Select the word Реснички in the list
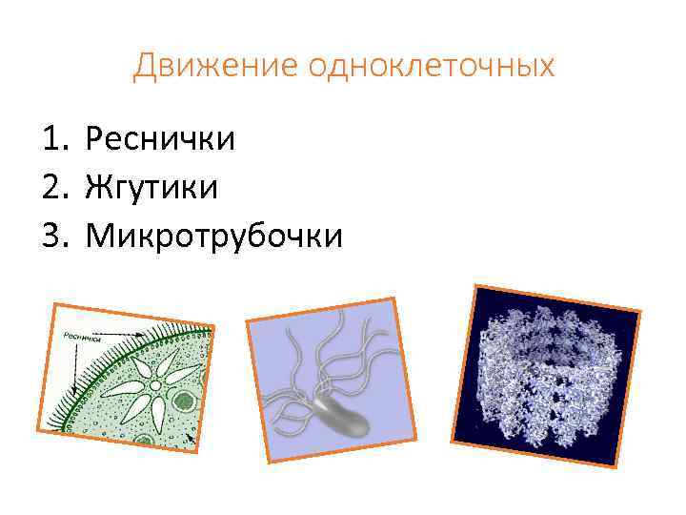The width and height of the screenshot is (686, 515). click(160, 140)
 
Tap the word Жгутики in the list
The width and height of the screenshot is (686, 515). click(151, 187)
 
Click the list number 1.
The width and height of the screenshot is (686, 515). click(51, 140)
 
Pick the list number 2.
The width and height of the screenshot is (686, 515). click(51, 187)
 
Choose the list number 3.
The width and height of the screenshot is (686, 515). click(51, 234)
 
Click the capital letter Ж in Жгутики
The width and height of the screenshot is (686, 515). click(99, 187)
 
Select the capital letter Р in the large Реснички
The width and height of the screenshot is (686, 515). click(95, 140)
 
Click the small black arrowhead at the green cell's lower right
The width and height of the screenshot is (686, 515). click(191, 440)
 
